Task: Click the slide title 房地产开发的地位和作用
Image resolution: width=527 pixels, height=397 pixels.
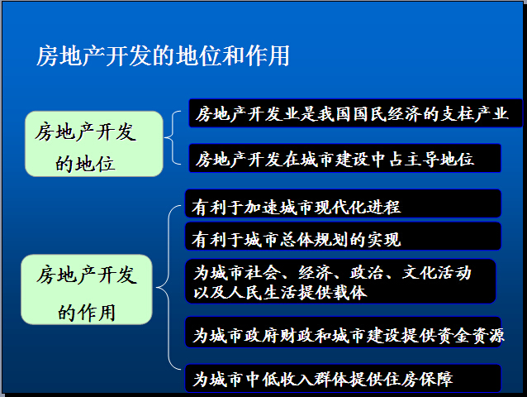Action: pos(163,56)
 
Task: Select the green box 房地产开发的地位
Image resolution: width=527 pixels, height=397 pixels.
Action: pos(94,144)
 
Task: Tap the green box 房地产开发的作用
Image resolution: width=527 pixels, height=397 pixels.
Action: pos(87,289)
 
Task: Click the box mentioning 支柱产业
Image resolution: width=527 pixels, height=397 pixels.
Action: pos(355,113)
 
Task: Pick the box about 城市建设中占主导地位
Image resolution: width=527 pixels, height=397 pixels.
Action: pos(344,159)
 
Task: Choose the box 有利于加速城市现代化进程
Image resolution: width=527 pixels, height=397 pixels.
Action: pos(343,204)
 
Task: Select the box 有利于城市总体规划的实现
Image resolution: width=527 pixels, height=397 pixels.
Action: pos(343,237)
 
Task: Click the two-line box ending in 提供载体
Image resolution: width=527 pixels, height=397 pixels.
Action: pos(340,281)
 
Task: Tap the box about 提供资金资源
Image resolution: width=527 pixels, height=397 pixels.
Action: pos(343,332)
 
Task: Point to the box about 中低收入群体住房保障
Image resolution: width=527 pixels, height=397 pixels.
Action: pos(343,379)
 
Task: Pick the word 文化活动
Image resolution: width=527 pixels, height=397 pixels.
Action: pos(437,272)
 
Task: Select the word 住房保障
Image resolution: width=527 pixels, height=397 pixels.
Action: pos(419,380)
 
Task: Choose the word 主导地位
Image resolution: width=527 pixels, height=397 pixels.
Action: pos(439,160)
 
